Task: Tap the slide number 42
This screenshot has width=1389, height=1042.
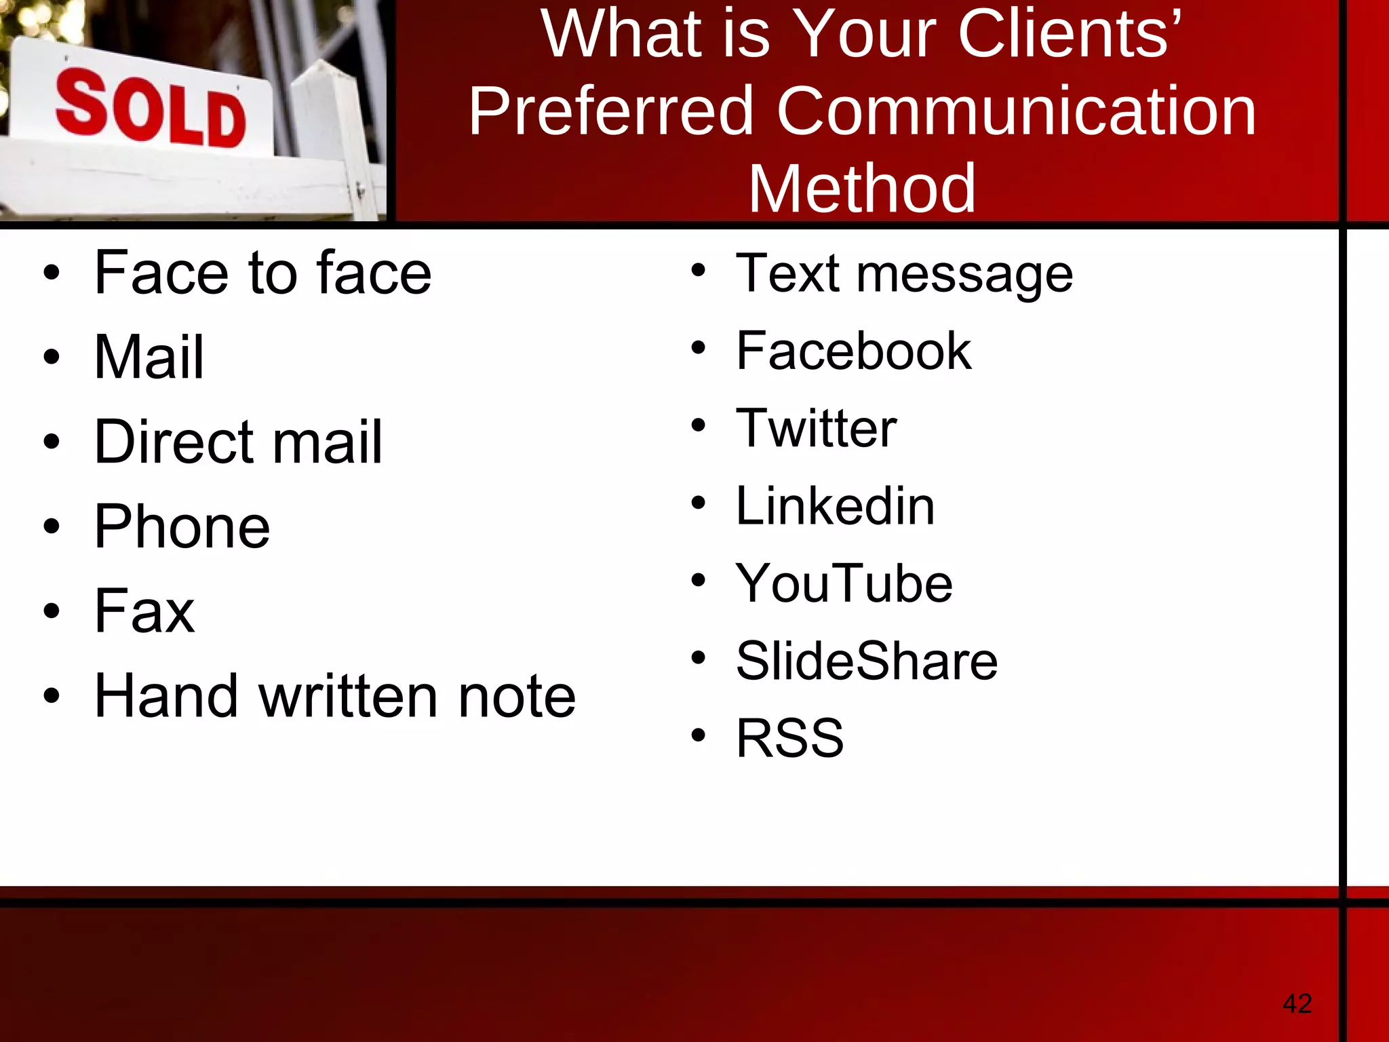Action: point(1297,1003)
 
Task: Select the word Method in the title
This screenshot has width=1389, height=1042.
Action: point(861,189)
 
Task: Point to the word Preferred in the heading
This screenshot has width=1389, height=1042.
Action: point(611,111)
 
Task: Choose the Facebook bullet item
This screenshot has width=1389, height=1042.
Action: point(853,351)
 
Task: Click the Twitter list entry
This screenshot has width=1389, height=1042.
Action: point(816,428)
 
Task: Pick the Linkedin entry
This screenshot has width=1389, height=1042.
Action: point(835,506)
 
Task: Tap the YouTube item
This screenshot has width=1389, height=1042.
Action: point(844,583)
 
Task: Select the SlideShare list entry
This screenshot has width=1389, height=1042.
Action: point(866,661)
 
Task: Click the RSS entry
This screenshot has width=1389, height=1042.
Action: point(789,738)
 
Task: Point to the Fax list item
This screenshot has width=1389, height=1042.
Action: point(144,611)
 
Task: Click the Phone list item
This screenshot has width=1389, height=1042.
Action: point(182,526)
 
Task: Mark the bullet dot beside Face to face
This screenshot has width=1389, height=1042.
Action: point(52,273)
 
